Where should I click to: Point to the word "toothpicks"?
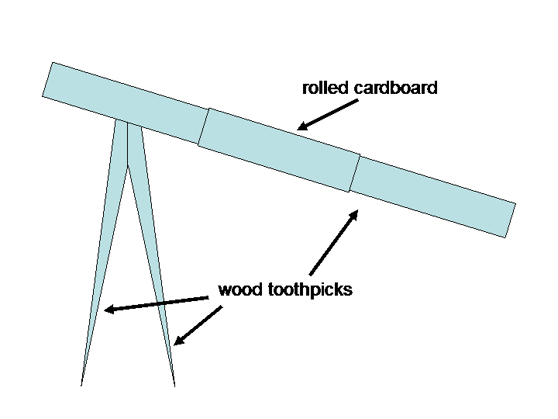pos(310,290)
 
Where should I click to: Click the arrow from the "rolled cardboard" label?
pos(328,115)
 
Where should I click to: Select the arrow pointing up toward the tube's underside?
pos(334,243)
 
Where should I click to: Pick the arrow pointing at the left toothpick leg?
pos(157,304)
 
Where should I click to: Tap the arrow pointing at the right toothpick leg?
pos(198,325)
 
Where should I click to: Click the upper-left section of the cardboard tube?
pos(126,103)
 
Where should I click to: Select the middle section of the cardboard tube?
pos(279,150)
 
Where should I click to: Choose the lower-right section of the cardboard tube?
pos(432,196)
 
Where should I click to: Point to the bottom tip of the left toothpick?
pos(81,386)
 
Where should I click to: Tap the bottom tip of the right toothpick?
pos(174,386)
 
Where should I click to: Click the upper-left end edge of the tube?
pos(48,79)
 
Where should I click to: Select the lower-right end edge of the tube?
pos(511,220)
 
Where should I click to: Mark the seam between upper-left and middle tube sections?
pos(204,126)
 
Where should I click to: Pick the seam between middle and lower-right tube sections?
pos(355,174)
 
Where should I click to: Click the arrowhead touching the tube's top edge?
pos(301,126)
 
